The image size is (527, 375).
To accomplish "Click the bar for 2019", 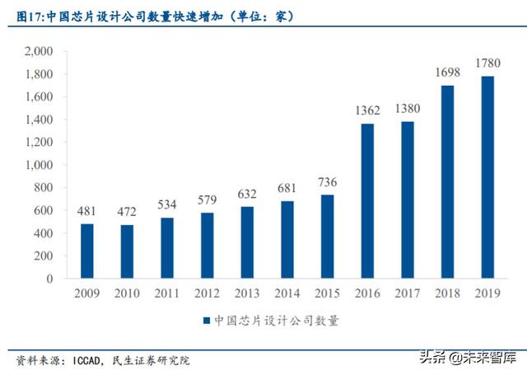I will click(x=487, y=177).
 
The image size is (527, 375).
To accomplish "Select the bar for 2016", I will click(x=367, y=201).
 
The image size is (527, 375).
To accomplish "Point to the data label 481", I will click(x=87, y=211).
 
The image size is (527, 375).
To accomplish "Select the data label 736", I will click(x=328, y=182).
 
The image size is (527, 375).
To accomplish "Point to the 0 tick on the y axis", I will click(x=49, y=279).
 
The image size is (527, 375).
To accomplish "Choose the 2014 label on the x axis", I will click(x=287, y=292).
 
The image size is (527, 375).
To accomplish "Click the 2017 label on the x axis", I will click(x=407, y=292).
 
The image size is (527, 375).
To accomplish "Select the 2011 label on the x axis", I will click(x=167, y=292).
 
